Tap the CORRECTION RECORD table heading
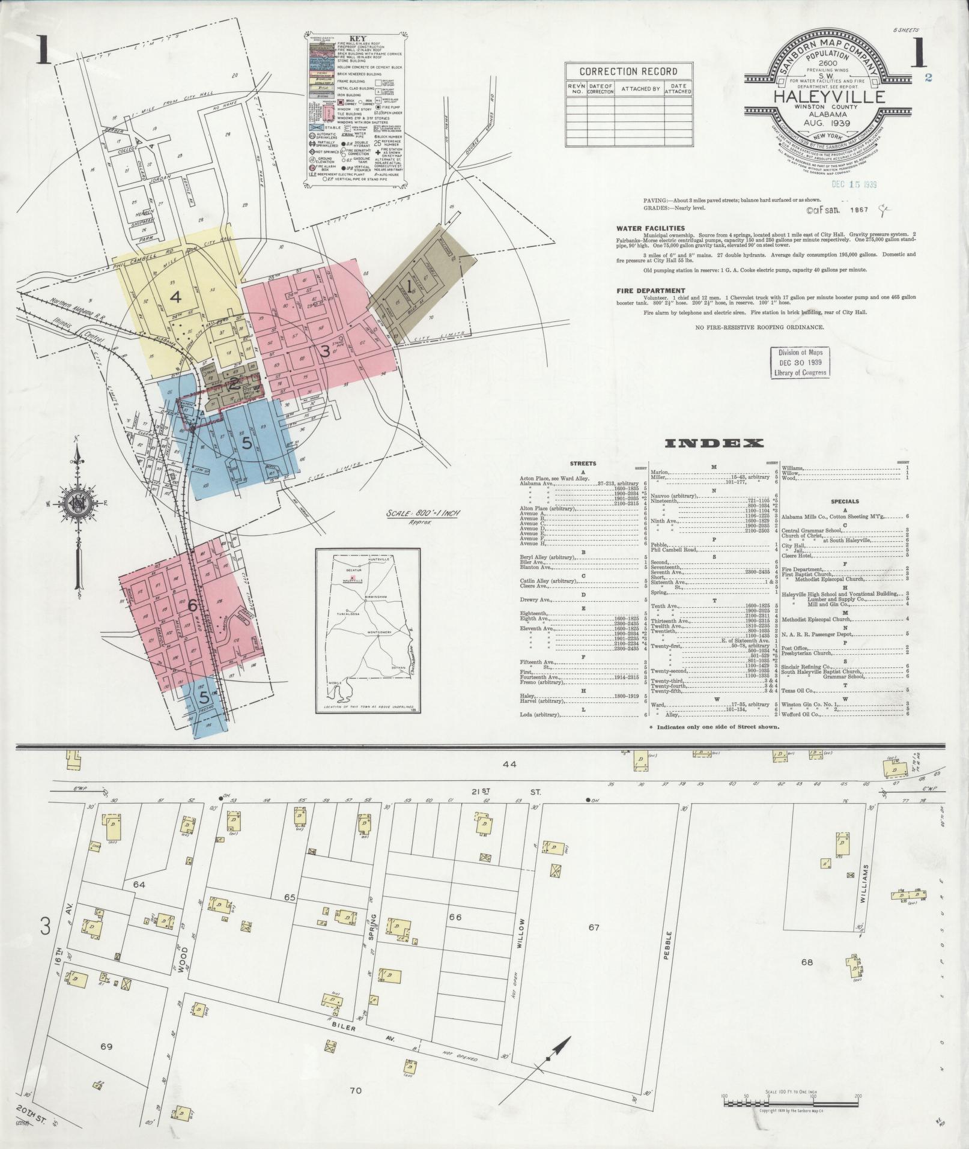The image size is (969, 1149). pyautogui.click(x=628, y=71)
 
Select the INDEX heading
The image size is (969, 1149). pyautogui.click(x=714, y=443)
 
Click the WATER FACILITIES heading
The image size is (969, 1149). pyautogui.click(x=650, y=228)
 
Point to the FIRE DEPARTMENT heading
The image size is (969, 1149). pyautogui.click(x=649, y=291)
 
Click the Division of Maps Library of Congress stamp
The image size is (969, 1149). pyautogui.click(x=801, y=362)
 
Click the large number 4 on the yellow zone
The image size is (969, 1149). pyautogui.click(x=175, y=297)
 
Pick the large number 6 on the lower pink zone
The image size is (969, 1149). pyautogui.click(x=192, y=605)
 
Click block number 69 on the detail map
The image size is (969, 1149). pyautogui.click(x=106, y=1046)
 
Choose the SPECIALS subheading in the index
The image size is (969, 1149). pyautogui.click(x=845, y=501)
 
